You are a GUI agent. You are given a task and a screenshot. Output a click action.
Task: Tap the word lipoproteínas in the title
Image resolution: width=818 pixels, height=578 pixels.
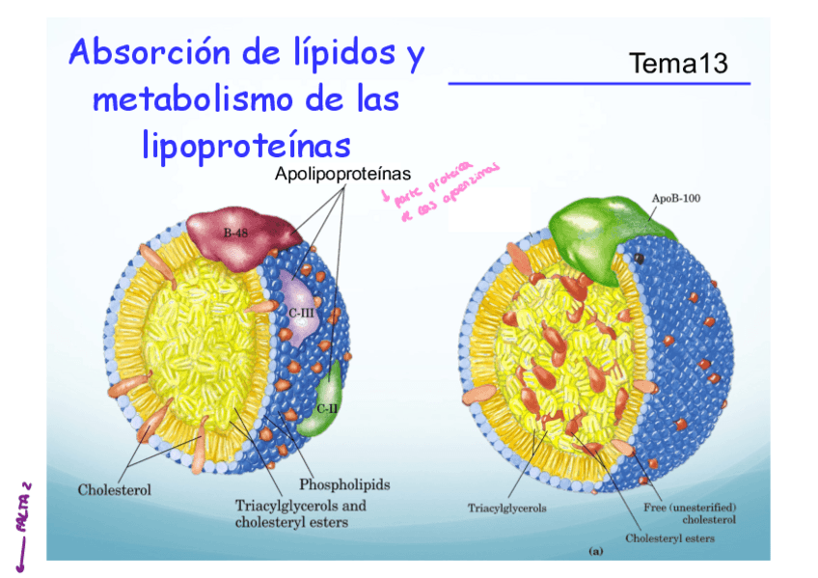pyautogui.click(x=245, y=146)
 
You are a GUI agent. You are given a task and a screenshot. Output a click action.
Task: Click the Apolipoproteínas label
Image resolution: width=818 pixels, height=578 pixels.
pyautogui.click(x=342, y=175)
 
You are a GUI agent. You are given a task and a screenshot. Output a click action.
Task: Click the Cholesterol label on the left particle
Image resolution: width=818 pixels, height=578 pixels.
pyautogui.click(x=114, y=489)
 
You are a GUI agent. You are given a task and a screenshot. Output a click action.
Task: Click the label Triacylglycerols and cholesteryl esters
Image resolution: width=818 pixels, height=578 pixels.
pyautogui.click(x=300, y=513)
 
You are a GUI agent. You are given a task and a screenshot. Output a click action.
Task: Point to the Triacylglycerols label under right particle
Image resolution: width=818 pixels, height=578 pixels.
pyautogui.click(x=506, y=508)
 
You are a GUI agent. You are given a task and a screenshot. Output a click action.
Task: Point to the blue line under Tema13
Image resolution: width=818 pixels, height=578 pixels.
pyautogui.click(x=599, y=84)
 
